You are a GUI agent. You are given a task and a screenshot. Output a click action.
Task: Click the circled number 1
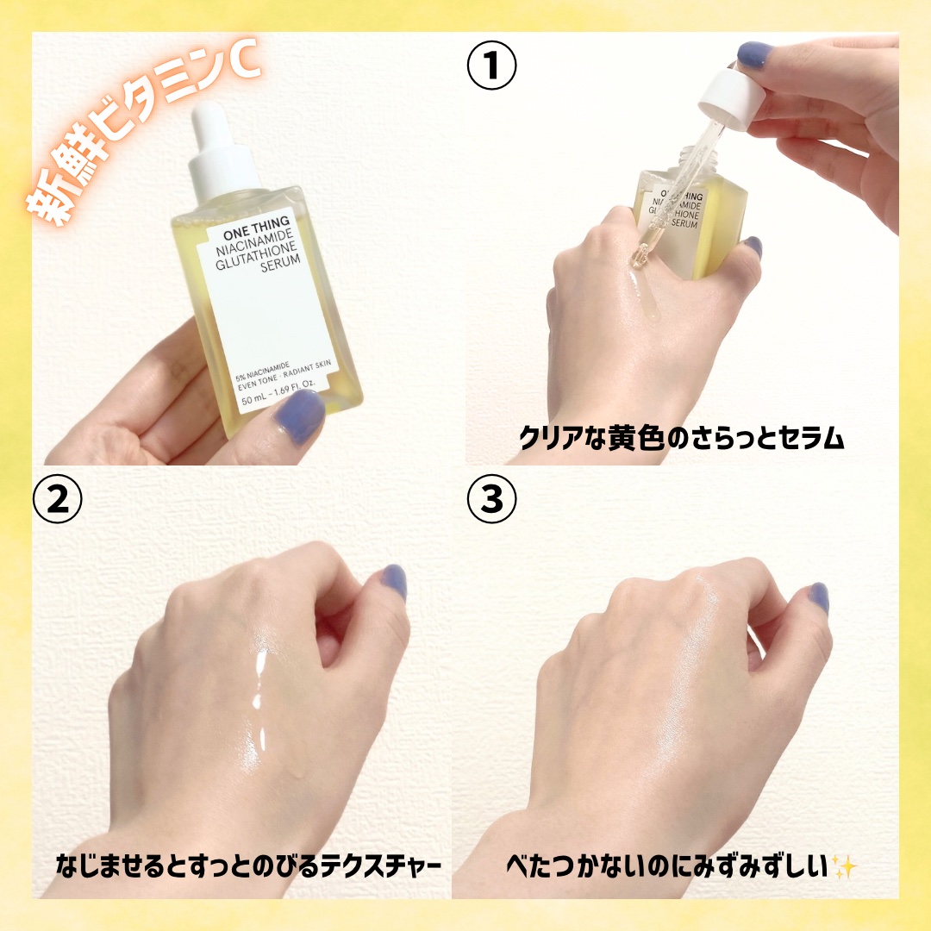tap(491, 65)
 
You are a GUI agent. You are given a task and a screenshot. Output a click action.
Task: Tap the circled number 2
tap(58, 499)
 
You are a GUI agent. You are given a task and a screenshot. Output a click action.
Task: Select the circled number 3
tap(491, 499)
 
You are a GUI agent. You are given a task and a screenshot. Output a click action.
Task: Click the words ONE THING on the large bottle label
tap(257, 229)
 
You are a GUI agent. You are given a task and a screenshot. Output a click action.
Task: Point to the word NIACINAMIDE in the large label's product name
tap(254, 243)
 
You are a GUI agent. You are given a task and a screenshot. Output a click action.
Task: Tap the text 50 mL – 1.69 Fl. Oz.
tap(278, 394)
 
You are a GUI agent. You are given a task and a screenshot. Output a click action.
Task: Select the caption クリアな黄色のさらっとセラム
tap(680, 438)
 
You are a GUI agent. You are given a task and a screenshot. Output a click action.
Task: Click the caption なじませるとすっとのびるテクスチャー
tap(248, 866)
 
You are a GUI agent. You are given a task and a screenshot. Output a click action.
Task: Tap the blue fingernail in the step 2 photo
tap(393, 582)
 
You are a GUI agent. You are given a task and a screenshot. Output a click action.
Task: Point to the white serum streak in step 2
tap(259, 701)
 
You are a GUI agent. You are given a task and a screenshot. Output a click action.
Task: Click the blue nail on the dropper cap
tap(754, 54)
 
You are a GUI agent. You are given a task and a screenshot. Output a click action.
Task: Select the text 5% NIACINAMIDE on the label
tap(262, 371)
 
